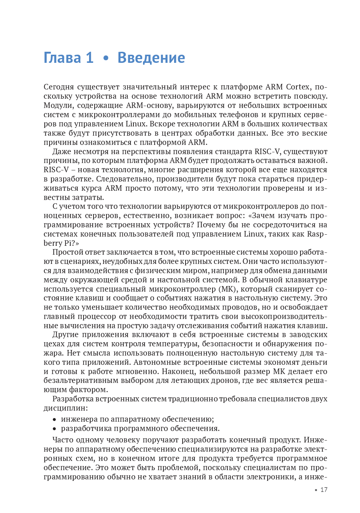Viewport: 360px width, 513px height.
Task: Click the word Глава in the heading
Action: (62, 58)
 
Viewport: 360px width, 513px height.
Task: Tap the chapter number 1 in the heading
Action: (89, 58)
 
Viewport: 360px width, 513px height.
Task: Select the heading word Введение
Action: (151, 58)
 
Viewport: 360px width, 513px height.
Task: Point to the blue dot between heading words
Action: (106, 58)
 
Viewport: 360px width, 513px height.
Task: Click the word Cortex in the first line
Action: (298, 87)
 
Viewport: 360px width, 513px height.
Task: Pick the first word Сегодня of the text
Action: (58, 87)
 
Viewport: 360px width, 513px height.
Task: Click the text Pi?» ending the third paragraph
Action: (72, 243)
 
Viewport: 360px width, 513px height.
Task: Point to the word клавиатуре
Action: (305, 280)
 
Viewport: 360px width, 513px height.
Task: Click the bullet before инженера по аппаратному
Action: (54, 419)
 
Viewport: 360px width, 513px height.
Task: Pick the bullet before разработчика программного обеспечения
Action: (54, 429)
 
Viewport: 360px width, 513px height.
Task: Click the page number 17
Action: (324, 490)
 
